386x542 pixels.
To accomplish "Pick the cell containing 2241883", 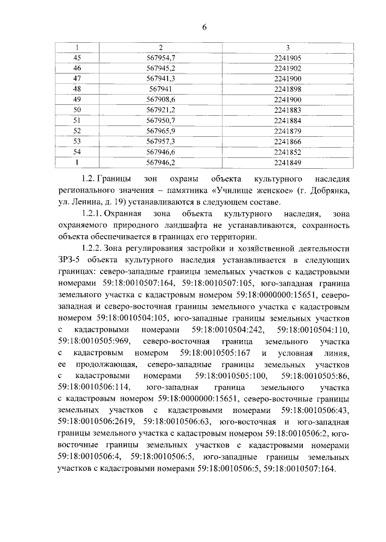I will [x=287, y=109].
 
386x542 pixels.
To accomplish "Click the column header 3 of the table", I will [x=288, y=48].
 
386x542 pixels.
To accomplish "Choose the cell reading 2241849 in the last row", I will [x=287, y=162].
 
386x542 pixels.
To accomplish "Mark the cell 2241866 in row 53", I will [x=287, y=141].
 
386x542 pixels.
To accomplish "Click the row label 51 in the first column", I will [x=77, y=120].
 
